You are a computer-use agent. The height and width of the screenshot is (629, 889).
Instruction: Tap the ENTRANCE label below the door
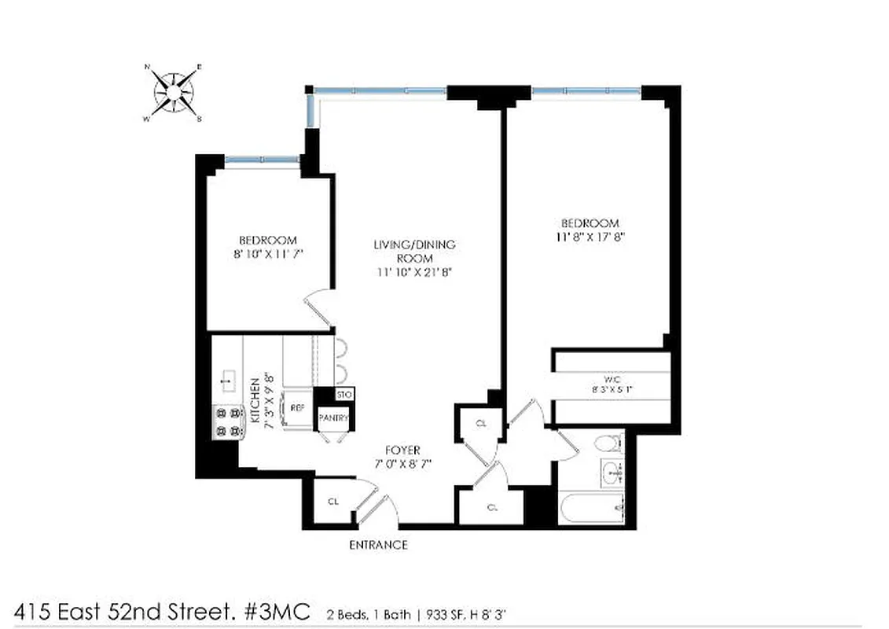coord(378,545)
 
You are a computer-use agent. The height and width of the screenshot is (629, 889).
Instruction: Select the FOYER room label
coord(403,451)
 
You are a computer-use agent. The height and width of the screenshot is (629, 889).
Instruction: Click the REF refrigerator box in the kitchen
coord(297,408)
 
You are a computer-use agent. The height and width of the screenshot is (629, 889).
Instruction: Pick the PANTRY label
coord(332,419)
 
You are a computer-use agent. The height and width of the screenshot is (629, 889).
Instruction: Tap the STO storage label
coord(343,394)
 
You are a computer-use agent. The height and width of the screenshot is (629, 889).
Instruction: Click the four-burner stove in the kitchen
coord(226,421)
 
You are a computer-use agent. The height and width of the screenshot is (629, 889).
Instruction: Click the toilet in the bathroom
coord(608,445)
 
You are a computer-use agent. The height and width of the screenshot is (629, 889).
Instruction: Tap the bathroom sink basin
coord(612,473)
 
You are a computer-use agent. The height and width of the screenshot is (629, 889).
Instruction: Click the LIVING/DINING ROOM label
coord(414,251)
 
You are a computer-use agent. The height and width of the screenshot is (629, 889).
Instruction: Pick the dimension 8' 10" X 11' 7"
coord(268,255)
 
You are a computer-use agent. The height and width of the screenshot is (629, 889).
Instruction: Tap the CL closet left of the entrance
coord(332,502)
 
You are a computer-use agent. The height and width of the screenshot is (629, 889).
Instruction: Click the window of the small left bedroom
coord(263,162)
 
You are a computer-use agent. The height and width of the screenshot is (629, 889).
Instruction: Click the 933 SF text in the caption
coord(446,613)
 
